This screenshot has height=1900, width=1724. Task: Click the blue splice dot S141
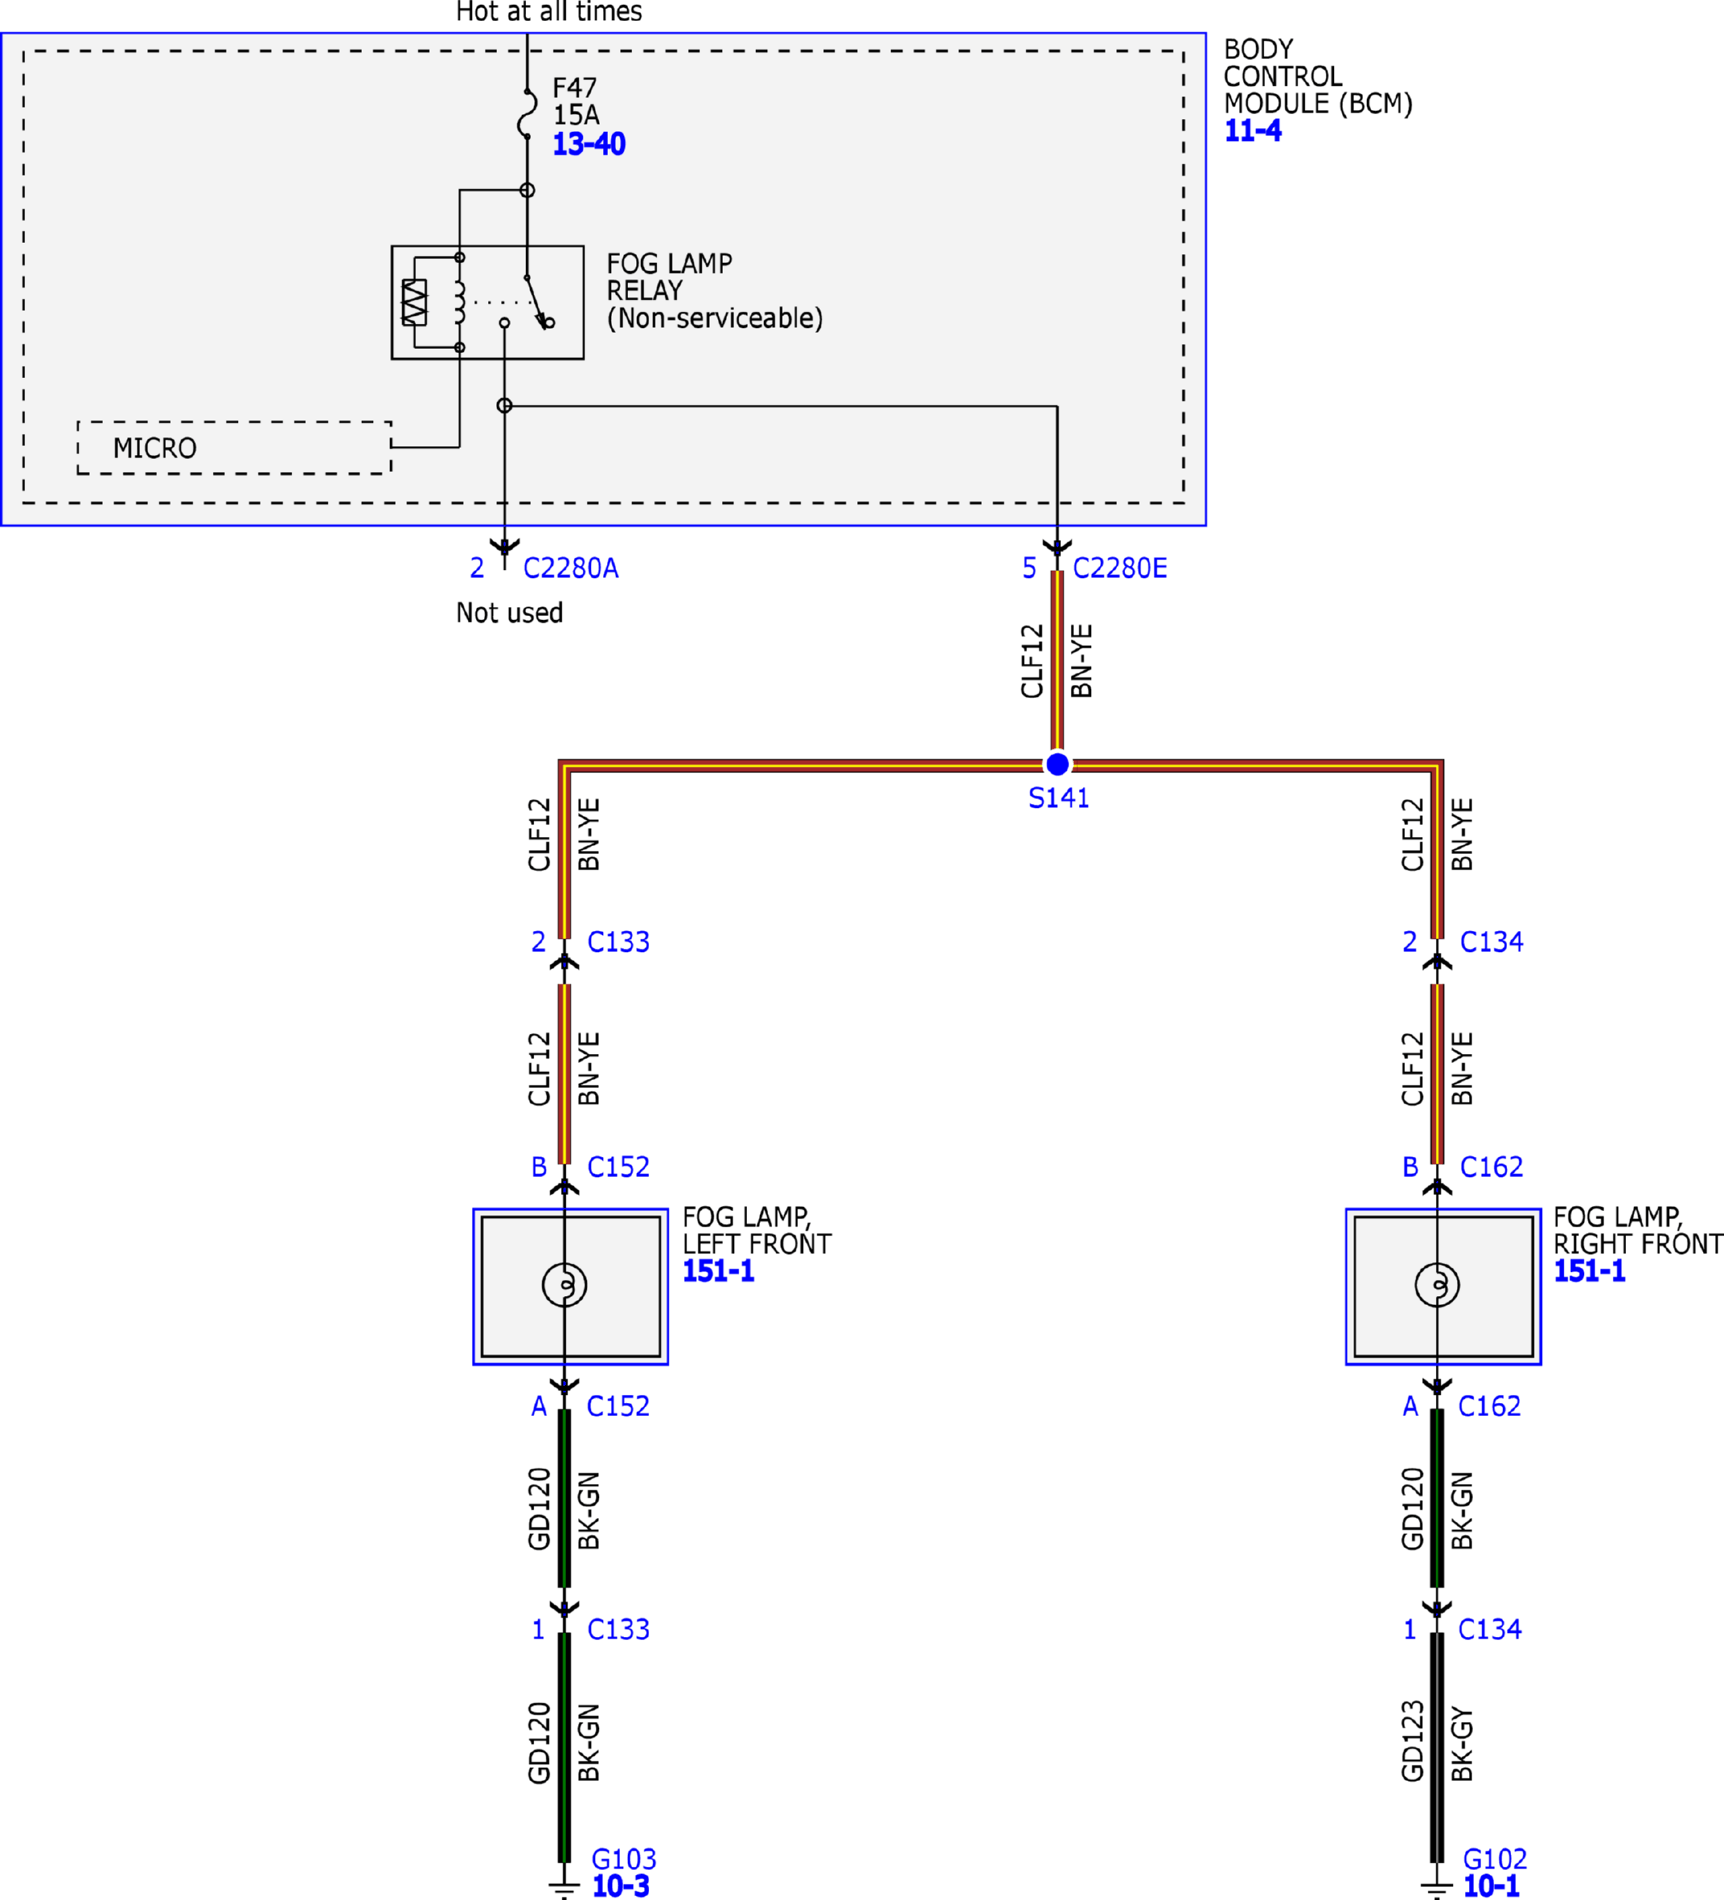1057,763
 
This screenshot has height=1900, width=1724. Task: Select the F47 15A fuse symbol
528,114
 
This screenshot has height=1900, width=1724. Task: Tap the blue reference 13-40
588,144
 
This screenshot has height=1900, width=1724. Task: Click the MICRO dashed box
235,448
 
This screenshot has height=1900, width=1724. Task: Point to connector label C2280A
571,568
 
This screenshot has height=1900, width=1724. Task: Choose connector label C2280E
1120,568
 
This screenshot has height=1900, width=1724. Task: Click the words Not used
510,614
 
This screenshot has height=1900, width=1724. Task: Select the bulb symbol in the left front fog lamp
564,1285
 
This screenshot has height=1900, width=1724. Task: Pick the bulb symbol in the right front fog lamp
1437,1285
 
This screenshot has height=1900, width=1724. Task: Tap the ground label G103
624,1860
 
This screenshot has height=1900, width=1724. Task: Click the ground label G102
1495,1860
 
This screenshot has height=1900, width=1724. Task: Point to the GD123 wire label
1412,1741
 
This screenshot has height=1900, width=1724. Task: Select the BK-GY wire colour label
1462,1745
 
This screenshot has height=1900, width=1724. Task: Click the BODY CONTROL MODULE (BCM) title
1318,76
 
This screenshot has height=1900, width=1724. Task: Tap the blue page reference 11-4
1253,131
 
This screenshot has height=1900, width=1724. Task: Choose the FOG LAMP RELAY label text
714,291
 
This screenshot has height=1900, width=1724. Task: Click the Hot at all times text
550,12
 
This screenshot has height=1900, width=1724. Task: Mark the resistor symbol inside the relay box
414,303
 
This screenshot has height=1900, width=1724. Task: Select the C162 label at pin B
1492,1167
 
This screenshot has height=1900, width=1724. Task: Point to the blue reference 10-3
621,1887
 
